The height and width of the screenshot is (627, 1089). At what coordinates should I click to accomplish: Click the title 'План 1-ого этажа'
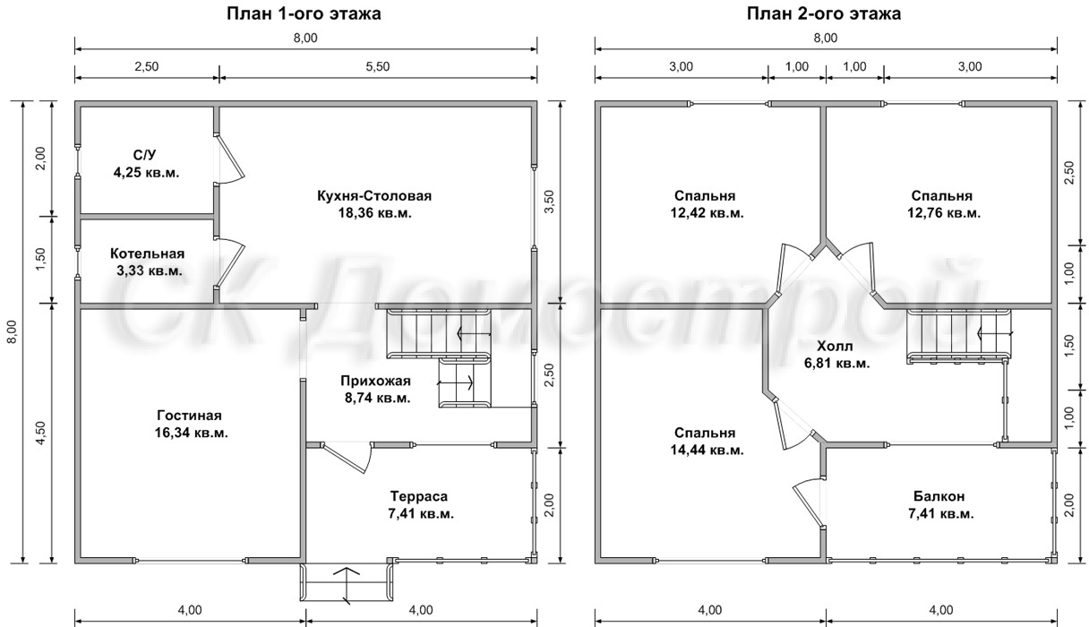pos(304,13)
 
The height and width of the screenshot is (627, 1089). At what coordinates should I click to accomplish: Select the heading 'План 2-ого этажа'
pos(824,13)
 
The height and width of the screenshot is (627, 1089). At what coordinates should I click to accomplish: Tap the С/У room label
pos(144,155)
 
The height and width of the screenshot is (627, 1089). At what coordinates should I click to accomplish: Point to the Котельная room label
pos(147,253)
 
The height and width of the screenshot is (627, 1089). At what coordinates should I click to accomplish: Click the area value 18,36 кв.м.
pos(375,213)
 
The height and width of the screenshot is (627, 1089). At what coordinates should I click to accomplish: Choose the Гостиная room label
pos(190,416)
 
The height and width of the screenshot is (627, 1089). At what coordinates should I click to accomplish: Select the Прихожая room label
pos(376,381)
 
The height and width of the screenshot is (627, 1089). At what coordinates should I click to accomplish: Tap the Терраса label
pos(418,496)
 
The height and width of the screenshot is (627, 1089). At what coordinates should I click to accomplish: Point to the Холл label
pos(835,346)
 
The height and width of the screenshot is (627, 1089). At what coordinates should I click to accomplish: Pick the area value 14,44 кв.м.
pos(707,450)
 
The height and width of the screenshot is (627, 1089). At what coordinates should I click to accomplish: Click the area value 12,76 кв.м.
pos(944,213)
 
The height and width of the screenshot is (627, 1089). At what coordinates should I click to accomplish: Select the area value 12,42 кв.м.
pos(707,213)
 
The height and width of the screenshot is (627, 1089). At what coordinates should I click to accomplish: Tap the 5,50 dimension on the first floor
pos(378,66)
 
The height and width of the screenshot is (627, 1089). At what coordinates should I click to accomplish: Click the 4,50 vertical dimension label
pos(41,433)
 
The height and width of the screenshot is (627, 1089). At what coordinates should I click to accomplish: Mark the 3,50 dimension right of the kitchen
pos(549,202)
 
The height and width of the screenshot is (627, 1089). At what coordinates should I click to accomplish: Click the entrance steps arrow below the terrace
pos(347,585)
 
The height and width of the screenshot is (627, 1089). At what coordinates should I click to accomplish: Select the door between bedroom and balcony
pos(807,503)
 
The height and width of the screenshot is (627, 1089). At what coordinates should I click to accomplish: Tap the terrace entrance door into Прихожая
pos(347,458)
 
